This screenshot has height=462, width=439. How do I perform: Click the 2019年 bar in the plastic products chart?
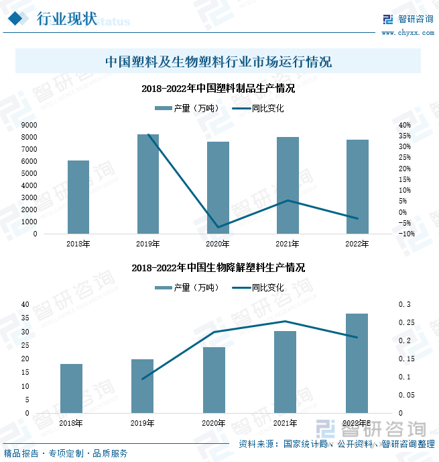coord(148,184)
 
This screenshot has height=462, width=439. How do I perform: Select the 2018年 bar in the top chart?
coord(78,197)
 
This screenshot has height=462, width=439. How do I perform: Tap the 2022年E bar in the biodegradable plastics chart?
coord(357,363)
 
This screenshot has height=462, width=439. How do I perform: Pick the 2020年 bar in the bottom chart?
coord(214,380)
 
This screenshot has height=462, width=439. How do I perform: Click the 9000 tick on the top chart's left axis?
coord(29,126)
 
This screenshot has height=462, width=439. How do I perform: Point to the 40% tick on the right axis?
coord(404,126)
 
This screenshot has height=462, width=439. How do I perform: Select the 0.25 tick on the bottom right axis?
coord(406,323)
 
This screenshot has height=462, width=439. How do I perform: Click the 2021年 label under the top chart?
coord(288,244)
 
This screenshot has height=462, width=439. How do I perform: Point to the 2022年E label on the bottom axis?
coord(357,423)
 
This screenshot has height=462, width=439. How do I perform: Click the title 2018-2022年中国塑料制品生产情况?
coord(219,88)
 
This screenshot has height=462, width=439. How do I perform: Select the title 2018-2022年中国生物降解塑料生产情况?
coord(218,267)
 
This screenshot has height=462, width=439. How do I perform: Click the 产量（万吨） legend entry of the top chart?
coord(186,108)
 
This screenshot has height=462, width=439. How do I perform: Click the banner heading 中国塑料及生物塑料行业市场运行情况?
coord(218,62)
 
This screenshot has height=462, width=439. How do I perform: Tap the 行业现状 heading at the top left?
coord(66,18)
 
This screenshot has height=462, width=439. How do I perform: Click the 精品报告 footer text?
coord(21,453)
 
